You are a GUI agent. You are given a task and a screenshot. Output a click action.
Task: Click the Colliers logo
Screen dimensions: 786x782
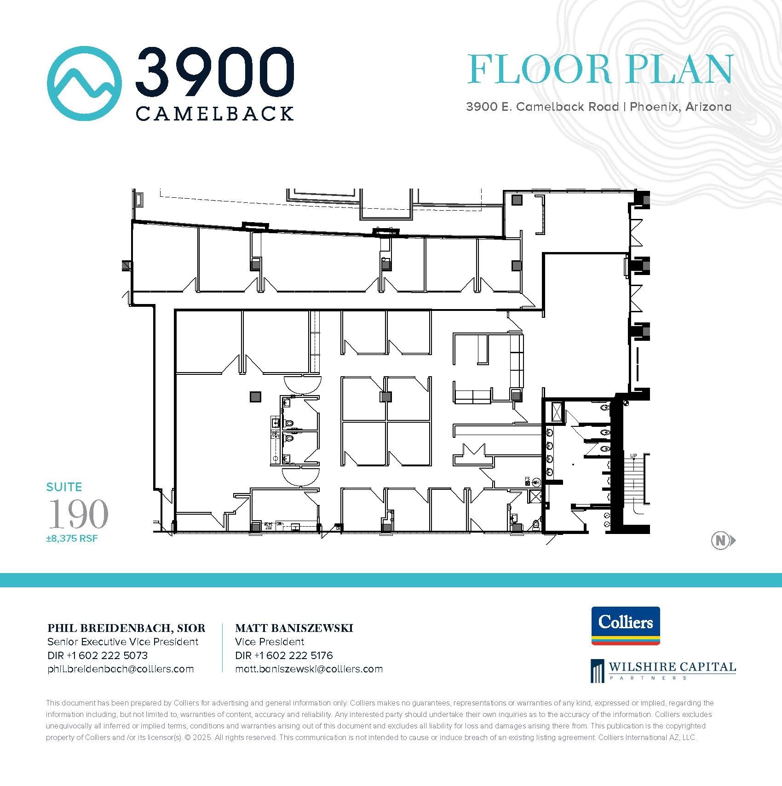(x=626, y=626)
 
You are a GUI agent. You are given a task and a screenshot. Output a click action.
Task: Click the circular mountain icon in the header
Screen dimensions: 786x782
(x=84, y=83)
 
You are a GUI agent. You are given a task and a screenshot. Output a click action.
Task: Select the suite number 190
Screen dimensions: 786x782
(x=78, y=514)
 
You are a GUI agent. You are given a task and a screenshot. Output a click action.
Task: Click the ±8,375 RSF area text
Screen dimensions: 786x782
(x=72, y=538)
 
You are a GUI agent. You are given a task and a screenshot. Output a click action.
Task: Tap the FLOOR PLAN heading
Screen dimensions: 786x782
(x=599, y=70)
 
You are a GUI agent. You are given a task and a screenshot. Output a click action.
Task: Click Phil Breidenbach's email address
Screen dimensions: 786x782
(x=121, y=669)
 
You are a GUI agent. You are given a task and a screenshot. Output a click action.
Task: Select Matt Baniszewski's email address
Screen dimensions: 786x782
(x=309, y=669)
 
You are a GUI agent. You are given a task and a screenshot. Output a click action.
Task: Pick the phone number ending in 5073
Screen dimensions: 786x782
(x=98, y=655)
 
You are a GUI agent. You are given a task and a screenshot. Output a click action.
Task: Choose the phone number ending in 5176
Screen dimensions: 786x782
(x=284, y=655)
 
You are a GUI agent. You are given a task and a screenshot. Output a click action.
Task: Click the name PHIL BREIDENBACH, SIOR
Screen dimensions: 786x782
(x=126, y=628)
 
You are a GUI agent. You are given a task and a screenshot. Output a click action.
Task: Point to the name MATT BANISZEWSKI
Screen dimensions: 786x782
(x=294, y=628)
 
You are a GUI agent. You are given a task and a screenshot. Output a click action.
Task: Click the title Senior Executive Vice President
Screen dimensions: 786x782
(x=123, y=642)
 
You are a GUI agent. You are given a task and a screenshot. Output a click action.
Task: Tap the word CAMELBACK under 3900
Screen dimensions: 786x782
(x=215, y=114)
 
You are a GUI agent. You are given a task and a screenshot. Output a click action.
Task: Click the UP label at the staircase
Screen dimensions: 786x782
(x=633, y=456)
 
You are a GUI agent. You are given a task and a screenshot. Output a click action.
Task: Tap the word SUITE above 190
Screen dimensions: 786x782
(x=64, y=487)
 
